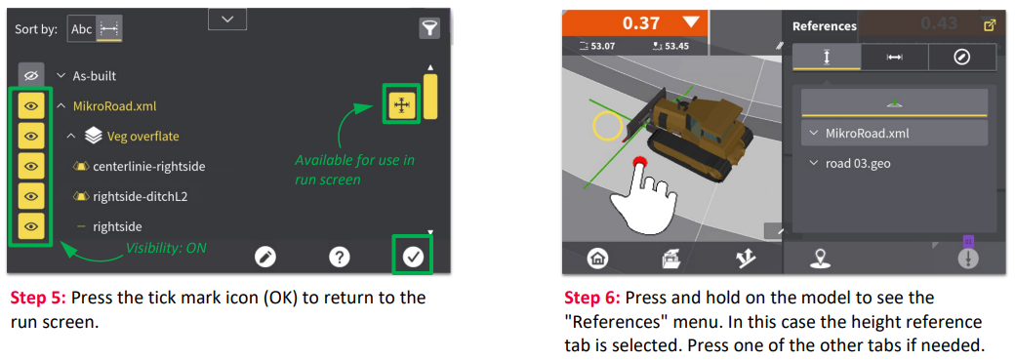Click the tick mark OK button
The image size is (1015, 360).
[x=413, y=257]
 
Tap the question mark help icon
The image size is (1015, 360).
[x=340, y=257]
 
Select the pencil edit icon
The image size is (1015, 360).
[x=265, y=257]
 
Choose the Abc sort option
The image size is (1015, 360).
[x=82, y=29]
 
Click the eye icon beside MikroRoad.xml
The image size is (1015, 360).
[x=30, y=105]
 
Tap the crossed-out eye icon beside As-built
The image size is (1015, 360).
[x=30, y=76]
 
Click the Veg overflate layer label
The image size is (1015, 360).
[x=143, y=136]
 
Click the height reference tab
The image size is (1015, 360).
[x=827, y=57]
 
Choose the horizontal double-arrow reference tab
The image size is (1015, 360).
[x=895, y=57]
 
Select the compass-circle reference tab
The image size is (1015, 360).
[x=962, y=57]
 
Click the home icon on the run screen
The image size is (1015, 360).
[x=596, y=259]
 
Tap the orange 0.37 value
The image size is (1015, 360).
[x=641, y=24]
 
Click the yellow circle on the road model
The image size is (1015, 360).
[x=608, y=126]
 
